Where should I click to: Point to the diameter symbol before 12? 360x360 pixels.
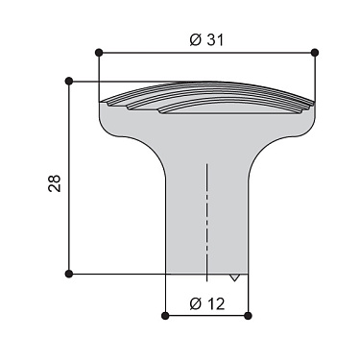[x=194, y=303]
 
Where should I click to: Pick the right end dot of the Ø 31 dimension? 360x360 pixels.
[x=316, y=52]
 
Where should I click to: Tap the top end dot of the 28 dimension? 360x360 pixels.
[x=69, y=82]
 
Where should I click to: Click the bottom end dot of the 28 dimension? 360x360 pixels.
[x=69, y=275]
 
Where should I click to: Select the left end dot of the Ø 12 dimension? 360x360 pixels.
[x=166, y=315]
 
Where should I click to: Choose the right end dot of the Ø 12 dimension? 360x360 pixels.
[x=248, y=315]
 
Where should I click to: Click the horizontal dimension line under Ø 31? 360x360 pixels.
[x=154, y=52]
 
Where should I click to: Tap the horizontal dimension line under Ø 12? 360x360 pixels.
[x=206, y=315]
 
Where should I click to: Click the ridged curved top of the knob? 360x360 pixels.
[x=206, y=97]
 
